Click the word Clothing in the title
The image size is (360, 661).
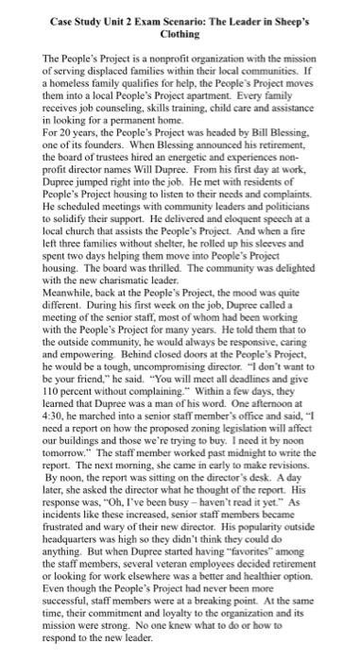(180, 33)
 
